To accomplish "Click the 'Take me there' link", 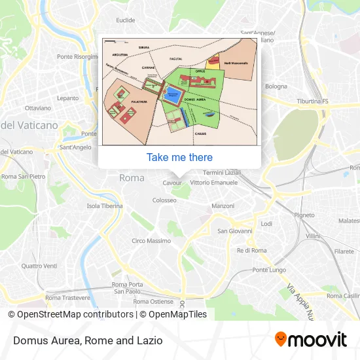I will click(179, 157).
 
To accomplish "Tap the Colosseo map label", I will click(166, 201).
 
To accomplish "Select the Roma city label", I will click(132, 177).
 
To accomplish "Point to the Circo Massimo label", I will click(151, 241).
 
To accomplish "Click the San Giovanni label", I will click(235, 230).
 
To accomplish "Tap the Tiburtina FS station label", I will click(312, 101).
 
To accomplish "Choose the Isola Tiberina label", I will click(105, 206).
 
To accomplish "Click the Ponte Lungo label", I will click(269, 270).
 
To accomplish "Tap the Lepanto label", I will click(67, 98).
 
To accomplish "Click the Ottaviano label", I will click(37, 107).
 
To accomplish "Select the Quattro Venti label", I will click(39, 266).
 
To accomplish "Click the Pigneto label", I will click(304, 215).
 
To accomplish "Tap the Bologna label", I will click(276, 86).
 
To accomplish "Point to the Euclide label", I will click(125, 20).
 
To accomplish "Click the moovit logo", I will click(311, 339).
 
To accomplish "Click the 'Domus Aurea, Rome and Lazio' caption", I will click(87, 340).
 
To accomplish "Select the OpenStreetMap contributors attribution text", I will click(70, 314).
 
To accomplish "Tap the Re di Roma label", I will click(251, 250).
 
